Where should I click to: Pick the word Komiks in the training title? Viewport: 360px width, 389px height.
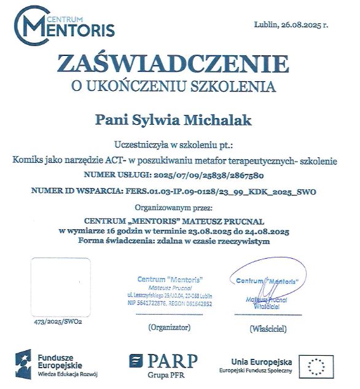pos(28,160)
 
